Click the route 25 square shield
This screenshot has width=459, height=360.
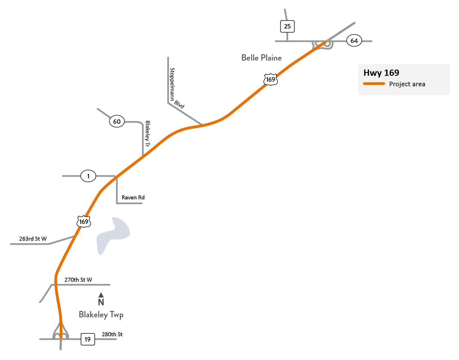287,27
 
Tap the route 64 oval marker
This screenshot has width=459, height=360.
354,41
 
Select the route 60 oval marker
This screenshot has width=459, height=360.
117,122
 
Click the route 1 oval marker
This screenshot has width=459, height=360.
88,176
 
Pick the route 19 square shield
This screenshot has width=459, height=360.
88,339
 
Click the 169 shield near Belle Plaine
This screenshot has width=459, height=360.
270,79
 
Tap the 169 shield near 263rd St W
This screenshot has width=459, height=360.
84,222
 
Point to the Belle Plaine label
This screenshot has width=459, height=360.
261,58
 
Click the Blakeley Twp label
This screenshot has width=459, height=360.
101,315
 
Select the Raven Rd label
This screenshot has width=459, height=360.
133,198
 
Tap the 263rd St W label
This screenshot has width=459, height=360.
33,239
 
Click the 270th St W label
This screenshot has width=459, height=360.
78,280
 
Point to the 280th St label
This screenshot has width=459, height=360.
112,334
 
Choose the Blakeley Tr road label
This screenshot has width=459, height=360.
147,134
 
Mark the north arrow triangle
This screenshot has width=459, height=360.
101,295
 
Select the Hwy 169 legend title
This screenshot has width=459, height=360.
381,73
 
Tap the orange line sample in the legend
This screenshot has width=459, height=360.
374,84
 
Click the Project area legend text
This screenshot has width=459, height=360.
407,84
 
